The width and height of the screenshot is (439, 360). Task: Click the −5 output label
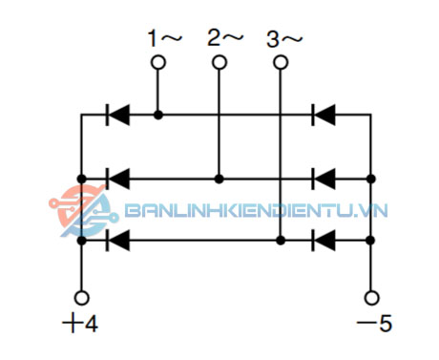(373, 324)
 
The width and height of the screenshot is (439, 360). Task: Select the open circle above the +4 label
(82, 297)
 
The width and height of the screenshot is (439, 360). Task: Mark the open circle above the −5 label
(371, 297)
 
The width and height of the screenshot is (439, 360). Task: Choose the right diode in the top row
(324, 116)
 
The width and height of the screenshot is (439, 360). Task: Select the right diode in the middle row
(324, 179)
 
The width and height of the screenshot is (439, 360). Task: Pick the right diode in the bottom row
(324, 241)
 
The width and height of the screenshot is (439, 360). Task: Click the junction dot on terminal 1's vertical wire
(158, 116)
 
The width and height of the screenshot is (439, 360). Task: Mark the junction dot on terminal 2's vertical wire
(219, 179)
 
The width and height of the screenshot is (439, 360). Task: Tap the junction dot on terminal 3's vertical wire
(281, 241)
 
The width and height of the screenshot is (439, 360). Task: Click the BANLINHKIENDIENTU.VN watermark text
(253, 211)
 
